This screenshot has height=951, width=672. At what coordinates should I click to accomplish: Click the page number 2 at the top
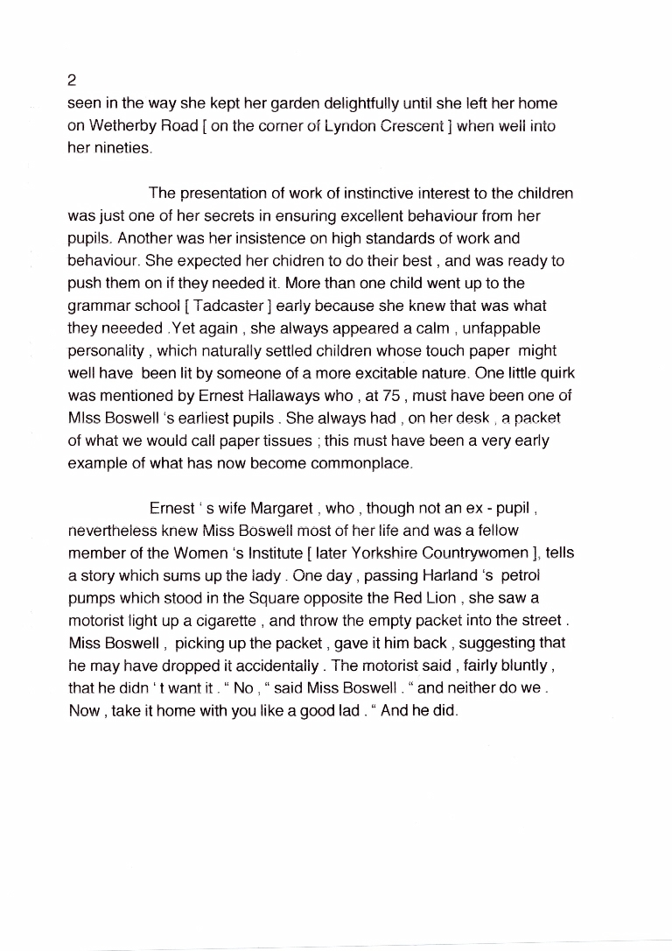72,81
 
